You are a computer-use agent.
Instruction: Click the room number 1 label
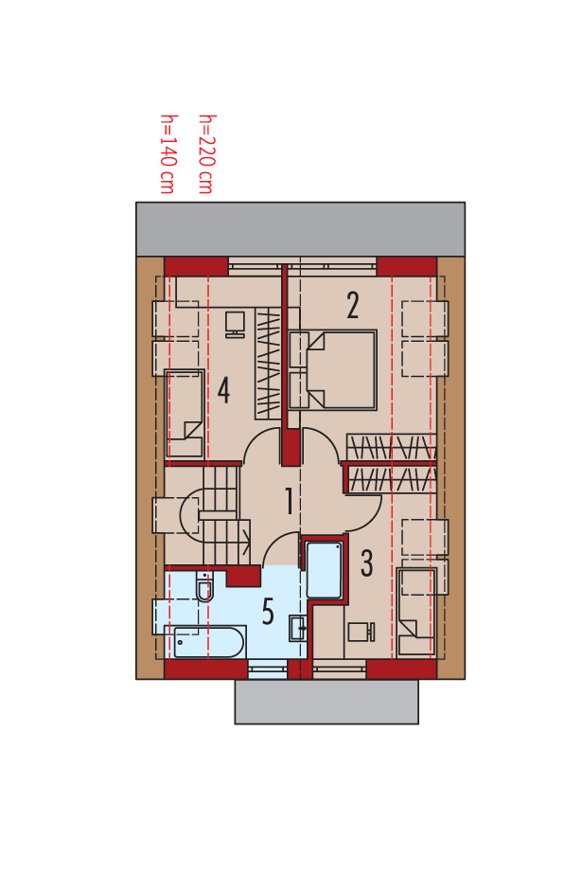[290, 501]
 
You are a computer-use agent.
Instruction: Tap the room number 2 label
[352, 305]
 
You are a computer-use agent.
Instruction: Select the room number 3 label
[367, 563]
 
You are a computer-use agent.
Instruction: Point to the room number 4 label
[223, 391]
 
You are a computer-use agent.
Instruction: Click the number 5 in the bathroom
[268, 612]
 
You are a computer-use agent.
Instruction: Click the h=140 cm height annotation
[167, 154]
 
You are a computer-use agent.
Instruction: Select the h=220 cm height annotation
[205, 154]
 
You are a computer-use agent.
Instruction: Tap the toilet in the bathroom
[203, 587]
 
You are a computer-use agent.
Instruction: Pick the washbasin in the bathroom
[298, 628]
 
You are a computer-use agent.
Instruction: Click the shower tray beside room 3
[325, 569]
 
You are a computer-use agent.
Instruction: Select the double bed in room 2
[332, 369]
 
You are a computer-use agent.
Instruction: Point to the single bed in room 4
[185, 414]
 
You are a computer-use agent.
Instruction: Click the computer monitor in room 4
[235, 324]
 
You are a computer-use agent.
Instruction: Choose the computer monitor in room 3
[361, 632]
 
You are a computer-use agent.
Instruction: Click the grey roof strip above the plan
[300, 229]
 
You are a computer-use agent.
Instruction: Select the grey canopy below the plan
[326, 702]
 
